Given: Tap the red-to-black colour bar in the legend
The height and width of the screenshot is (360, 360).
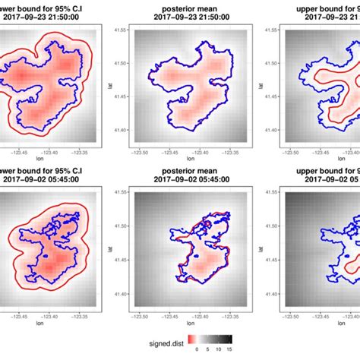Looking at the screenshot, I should click(206, 336).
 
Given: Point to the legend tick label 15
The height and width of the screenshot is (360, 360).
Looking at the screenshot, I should click(226, 350).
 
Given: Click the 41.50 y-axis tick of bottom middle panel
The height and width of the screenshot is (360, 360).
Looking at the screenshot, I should click(119, 226).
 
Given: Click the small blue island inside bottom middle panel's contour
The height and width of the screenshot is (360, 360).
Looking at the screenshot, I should click(199, 225).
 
